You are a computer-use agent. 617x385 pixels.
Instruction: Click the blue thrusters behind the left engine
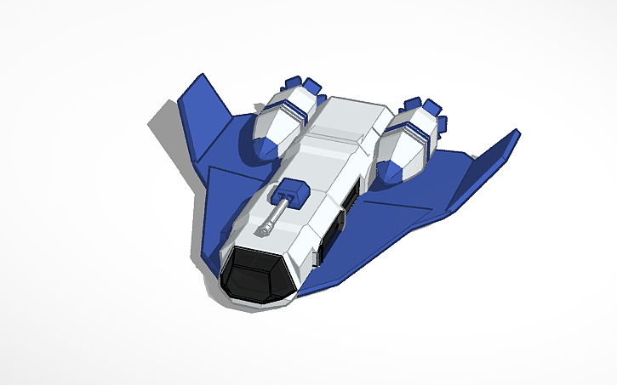302,85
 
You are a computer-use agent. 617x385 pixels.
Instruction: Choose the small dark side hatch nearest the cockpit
317,256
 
